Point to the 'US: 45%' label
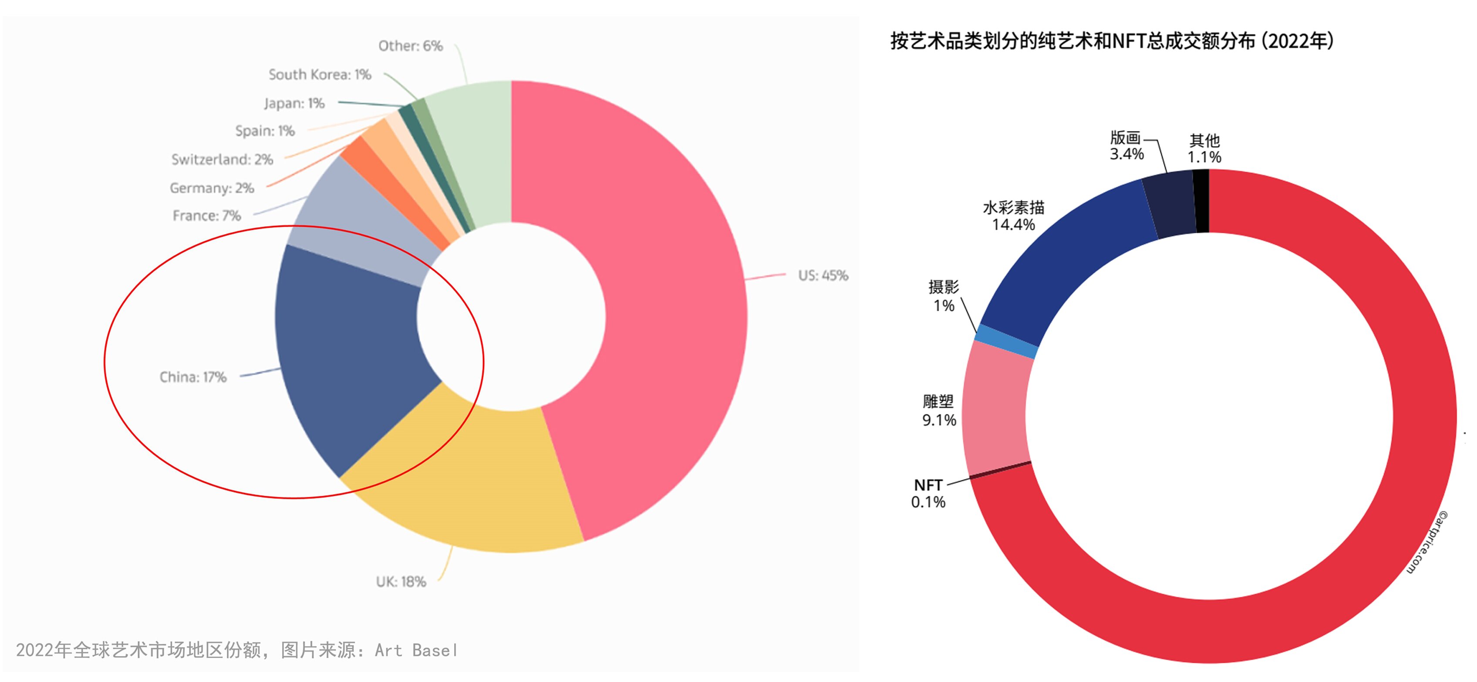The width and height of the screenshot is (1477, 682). tap(823, 275)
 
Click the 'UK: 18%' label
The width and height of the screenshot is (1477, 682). tap(401, 582)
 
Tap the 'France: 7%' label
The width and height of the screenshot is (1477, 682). tap(206, 215)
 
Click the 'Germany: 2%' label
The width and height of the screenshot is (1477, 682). tap(212, 188)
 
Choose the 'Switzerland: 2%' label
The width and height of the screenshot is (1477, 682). tap(222, 159)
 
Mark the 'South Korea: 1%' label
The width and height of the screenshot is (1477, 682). tap(319, 74)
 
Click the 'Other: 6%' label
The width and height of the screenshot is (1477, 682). tap(411, 46)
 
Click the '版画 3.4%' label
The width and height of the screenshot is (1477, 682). tap(1126, 145)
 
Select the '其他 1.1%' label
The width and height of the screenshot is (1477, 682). tap(1204, 148)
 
